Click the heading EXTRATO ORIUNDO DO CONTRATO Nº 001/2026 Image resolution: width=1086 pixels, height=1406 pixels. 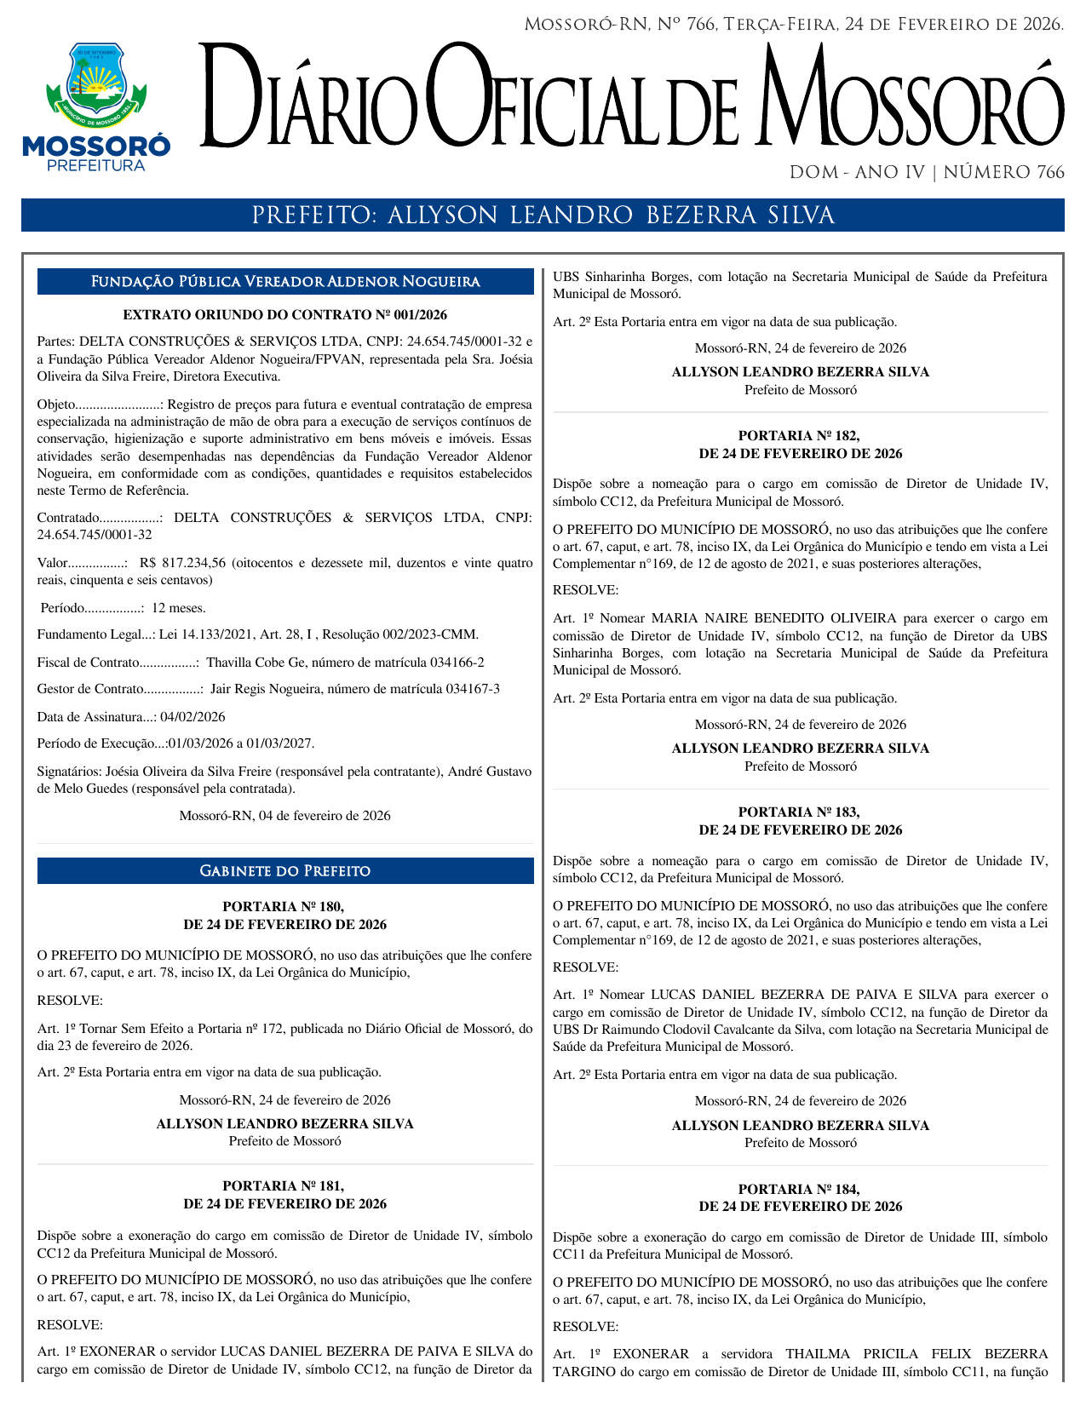[284, 315]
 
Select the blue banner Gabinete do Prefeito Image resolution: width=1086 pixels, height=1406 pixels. [284, 871]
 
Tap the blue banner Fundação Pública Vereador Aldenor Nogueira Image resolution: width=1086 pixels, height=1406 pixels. [284, 282]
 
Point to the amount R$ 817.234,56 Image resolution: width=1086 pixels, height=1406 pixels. [182, 563]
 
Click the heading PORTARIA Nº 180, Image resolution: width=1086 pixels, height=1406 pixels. [284, 907]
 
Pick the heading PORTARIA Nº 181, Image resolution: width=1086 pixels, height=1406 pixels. [284, 1186]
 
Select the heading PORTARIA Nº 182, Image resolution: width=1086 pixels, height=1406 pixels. [800, 436]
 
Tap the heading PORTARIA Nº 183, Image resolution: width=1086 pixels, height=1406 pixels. [800, 812]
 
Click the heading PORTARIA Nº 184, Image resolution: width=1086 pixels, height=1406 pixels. [800, 1190]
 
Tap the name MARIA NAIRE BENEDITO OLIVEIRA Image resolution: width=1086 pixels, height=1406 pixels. [773, 618]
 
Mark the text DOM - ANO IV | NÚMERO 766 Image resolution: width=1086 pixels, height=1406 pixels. [927, 173]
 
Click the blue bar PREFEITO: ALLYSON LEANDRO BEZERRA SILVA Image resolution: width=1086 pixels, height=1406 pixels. [543, 215]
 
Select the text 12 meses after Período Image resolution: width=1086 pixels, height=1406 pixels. [178, 608]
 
